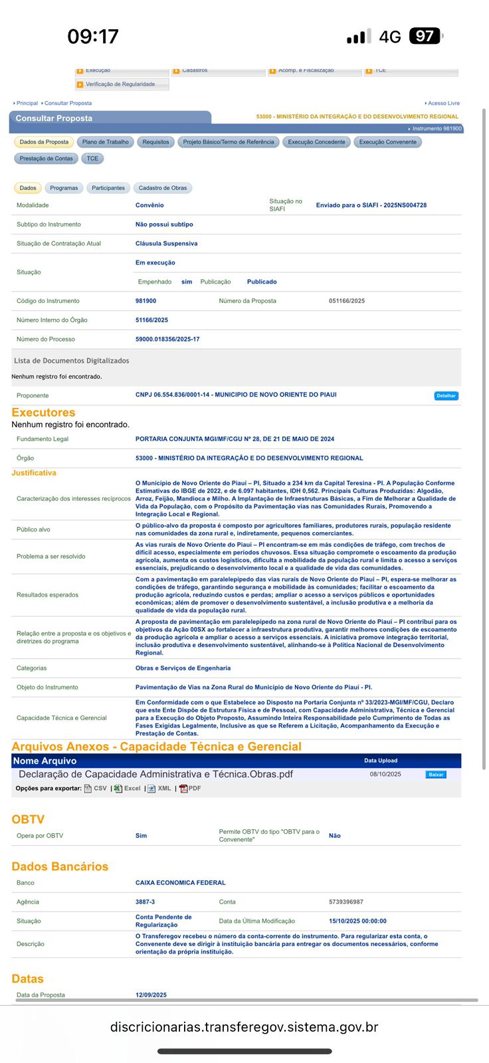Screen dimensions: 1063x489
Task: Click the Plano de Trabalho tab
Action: (x=106, y=142)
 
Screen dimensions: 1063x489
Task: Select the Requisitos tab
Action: (x=156, y=142)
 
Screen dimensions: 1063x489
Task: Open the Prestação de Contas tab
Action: (x=46, y=159)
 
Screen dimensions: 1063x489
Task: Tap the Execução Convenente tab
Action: (x=388, y=142)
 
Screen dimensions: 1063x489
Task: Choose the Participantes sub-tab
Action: (x=108, y=188)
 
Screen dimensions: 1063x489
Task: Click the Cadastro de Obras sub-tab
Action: (x=163, y=188)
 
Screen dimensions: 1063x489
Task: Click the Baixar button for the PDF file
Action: (x=436, y=775)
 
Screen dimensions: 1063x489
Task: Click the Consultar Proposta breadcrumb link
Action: (x=68, y=104)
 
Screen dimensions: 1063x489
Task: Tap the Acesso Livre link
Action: (x=443, y=104)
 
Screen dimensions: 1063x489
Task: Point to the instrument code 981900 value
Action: (x=146, y=301)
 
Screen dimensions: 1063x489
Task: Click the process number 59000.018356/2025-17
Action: (x=167, y=339)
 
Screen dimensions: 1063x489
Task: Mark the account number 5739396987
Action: (x=346, y=902)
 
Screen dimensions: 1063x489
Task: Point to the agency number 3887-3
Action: (x=145, y=902)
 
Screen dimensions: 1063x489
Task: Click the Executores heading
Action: (x=43, y=413)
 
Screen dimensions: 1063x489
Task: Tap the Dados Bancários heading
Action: (x=60, y=866)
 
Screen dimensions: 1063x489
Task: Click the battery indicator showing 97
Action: (x=425, y=36)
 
